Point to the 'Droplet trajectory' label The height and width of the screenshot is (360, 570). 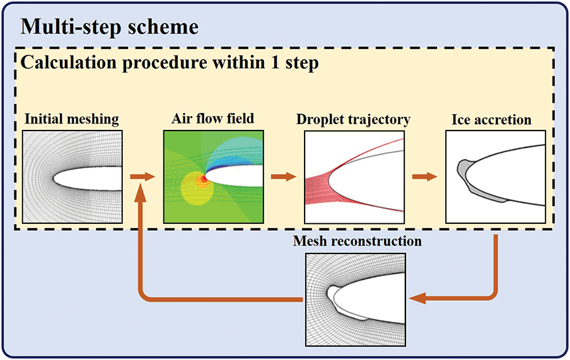353,120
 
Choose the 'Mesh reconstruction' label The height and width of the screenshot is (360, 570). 357,241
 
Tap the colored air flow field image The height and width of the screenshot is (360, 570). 212,177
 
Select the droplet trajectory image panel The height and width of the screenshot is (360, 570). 354,177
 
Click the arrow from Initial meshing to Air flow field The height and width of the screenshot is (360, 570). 142,176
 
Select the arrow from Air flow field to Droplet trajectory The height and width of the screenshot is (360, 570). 283,176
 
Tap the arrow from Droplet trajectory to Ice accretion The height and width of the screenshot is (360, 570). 425,176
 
